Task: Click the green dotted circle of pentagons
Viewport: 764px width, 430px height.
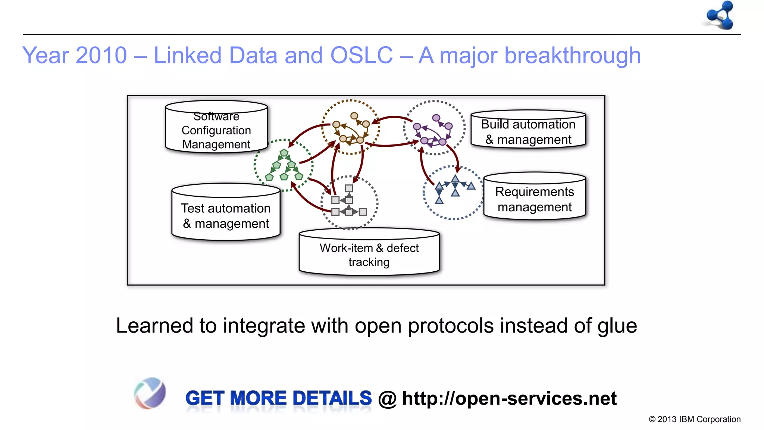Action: [x=284, y=165]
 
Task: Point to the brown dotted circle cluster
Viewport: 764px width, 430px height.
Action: [x=351, y=127]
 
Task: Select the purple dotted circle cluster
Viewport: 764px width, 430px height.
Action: [x=434, y=128]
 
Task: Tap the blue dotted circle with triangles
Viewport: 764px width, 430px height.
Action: [x=454, y=193]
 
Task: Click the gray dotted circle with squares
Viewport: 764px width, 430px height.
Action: [x=349, y=202]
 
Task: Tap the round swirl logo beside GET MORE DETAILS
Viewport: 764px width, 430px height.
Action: [x=150, y=393]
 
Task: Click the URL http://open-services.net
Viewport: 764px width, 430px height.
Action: [x=509, y=398]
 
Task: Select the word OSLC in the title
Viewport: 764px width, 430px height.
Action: [x=361, y=55]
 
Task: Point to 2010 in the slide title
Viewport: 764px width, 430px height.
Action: [x=101, y=55]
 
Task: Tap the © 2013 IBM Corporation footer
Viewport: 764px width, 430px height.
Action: [x=695, y=419]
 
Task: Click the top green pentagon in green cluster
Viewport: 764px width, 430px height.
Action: [x=284, y=153]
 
